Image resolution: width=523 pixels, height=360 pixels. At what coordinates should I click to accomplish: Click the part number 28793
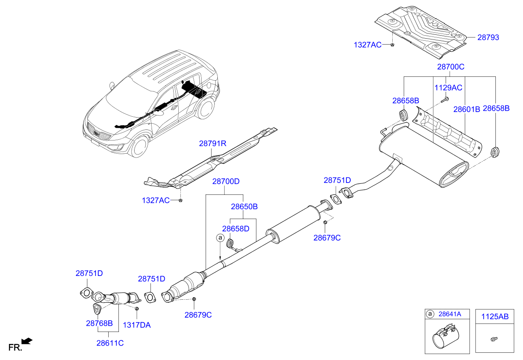click(x=488, y=37)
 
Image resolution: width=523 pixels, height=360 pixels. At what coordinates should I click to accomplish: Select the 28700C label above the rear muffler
click(x=451, y=67)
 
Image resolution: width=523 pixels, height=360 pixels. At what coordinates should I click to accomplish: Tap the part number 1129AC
click(x=448, y=88)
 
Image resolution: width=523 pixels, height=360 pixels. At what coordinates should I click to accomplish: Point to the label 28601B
click(x=466, y=109)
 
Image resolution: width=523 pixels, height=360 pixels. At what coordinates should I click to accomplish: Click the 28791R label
click(x=212, y=144)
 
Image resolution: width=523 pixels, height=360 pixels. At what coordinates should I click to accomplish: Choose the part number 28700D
click(x=226, y=181)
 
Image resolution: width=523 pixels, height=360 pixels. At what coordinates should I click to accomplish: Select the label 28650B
click(x=244, y=207)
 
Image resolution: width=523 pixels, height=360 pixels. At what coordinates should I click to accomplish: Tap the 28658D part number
click(x=236, y=229)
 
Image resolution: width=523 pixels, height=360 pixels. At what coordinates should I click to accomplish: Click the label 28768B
click(x=99, y=323)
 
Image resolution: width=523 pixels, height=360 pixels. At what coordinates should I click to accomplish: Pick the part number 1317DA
click(x=137, y=325)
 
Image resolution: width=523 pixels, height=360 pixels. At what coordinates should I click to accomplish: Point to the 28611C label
click(x=110, y=343)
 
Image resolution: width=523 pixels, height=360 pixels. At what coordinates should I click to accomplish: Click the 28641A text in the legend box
click(x=450, y=314)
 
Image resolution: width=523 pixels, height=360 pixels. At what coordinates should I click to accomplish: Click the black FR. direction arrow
click(x=27, y=341)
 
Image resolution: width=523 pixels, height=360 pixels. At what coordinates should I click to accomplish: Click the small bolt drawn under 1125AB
click(x=494, y=339)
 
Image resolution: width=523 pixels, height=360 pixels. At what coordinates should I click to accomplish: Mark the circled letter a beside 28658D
click(x=220, y=238)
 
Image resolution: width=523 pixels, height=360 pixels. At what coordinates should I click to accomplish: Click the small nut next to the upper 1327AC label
click(x=392, y=45)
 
